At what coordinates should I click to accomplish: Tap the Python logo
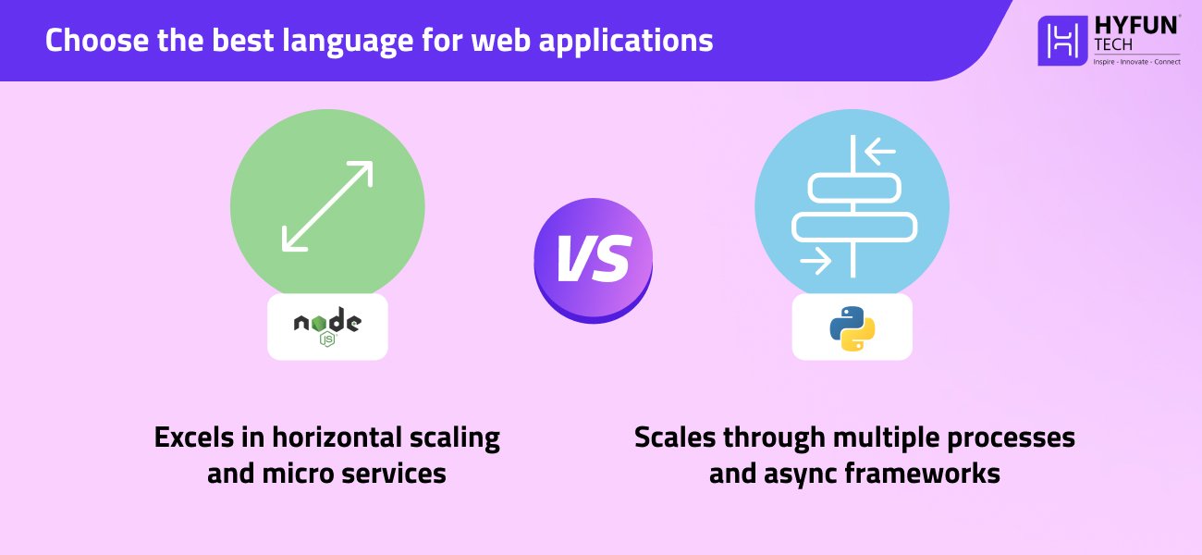852,328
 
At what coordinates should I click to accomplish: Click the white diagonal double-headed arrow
326,206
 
